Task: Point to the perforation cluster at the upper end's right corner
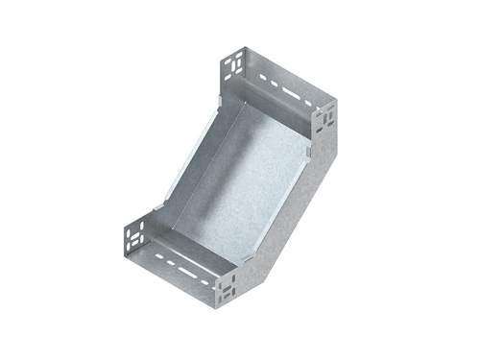pyautogui.click(x=327, y=117)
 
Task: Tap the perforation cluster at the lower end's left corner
pyautogui.click(x=132, y=234)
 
